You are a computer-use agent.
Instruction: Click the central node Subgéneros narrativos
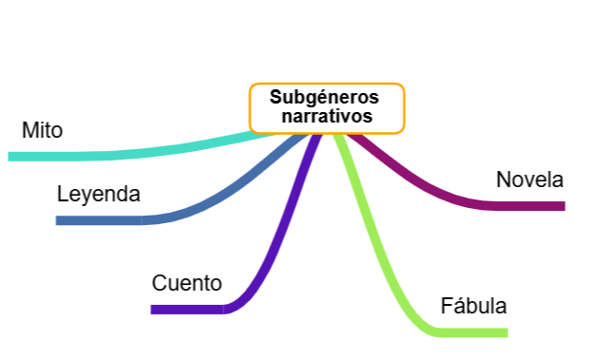(x=326, y=108)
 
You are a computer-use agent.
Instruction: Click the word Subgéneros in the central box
(x=324, y=97)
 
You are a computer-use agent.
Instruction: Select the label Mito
(x=42, y=130)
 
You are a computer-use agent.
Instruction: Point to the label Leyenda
(x=98, y=195)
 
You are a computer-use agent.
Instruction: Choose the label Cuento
(x=186, y=283)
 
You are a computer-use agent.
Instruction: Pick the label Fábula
(x=473, y=307)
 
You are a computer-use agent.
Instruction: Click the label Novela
(x=530, y=180)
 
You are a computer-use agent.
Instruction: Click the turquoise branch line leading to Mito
(x=143, y=152)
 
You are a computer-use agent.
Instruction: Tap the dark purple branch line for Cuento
(x=276, y=247)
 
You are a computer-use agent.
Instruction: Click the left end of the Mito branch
(x=11, y=156)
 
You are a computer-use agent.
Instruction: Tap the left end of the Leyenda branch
(x=59, y=220)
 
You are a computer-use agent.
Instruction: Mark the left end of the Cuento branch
(x=154, y=309)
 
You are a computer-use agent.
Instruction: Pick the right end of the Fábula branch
(x=505, y=332)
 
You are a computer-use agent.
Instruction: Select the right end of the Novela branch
(x=562, y=205)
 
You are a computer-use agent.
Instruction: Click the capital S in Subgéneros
(x=276, y=97)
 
